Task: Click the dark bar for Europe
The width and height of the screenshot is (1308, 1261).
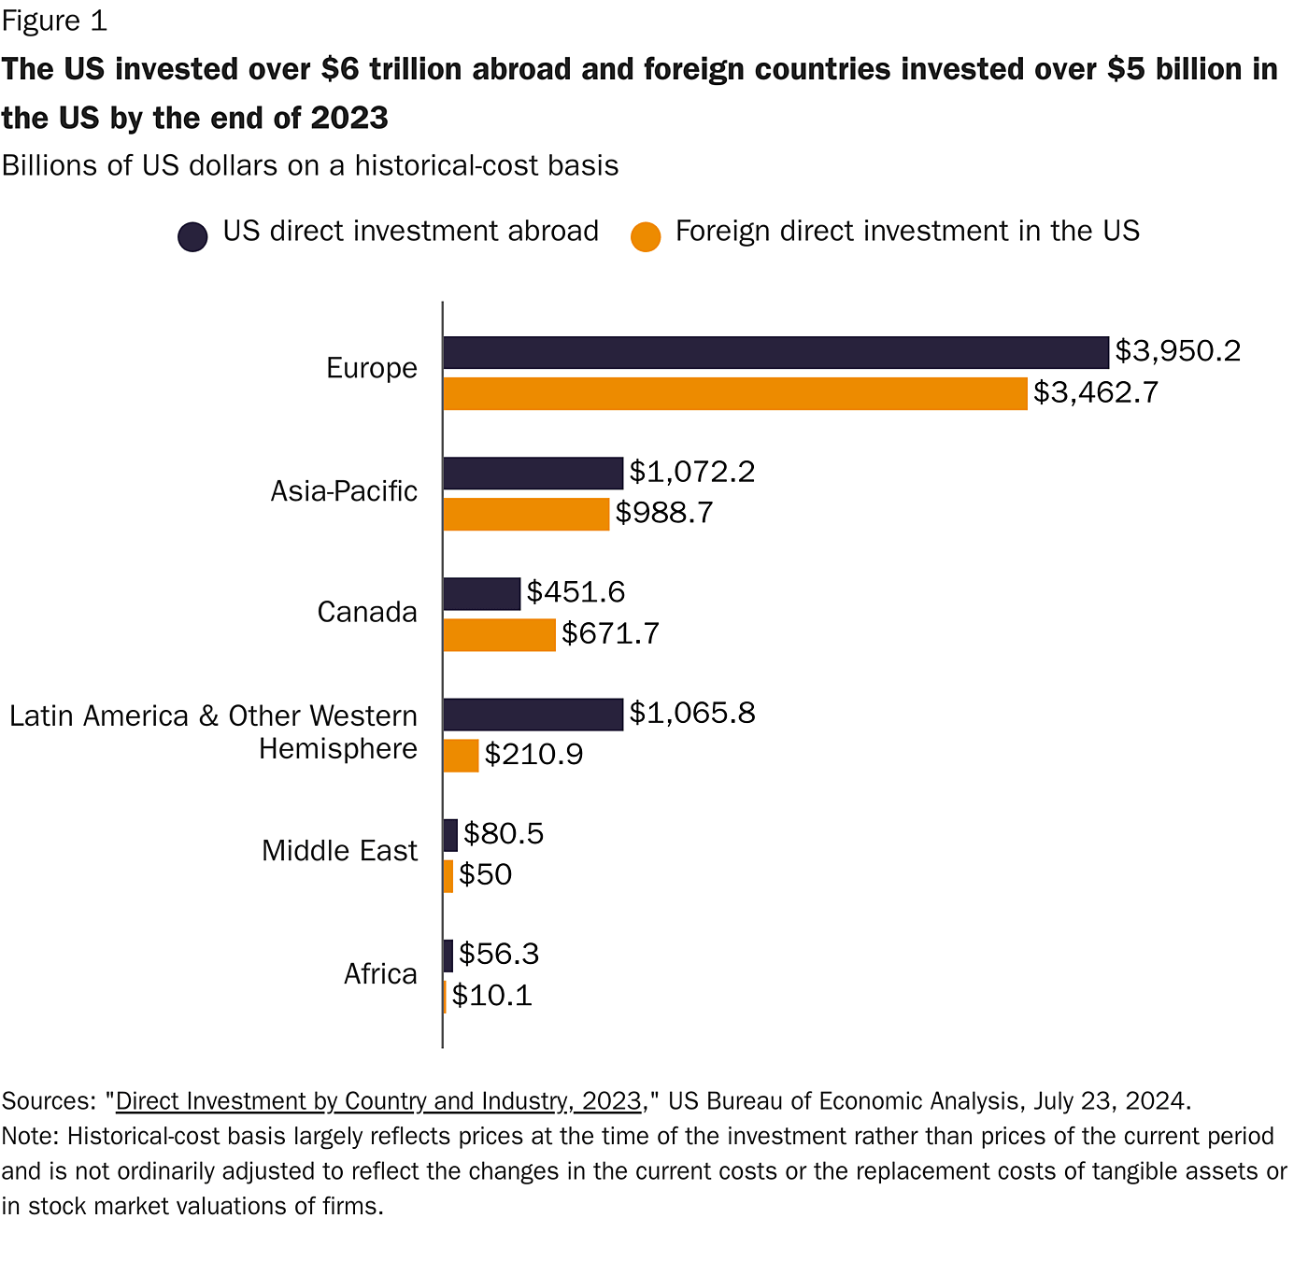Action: (775, 353)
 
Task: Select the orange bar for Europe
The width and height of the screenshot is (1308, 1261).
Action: (735, 393)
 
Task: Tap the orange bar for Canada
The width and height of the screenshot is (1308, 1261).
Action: (499, 635)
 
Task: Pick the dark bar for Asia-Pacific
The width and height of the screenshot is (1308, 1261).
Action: (533, 474)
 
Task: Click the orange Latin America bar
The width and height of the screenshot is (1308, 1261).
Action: (461, 756)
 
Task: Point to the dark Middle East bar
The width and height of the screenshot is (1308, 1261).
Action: (450, 835)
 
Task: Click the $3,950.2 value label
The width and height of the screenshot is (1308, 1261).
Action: (1177, 351)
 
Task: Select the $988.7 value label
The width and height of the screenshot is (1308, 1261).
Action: (664, 513)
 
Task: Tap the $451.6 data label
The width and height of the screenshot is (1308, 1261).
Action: (576, 592)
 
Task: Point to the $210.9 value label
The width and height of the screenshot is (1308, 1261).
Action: (533, 755)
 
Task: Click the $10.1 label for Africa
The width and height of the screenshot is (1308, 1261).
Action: (492, 996)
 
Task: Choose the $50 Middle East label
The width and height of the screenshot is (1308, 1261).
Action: (485, 875)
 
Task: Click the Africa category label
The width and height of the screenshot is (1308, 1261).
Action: (380, 974)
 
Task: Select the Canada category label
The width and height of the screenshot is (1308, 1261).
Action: (367, 613)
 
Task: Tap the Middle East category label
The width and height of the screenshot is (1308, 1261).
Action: (339, 851)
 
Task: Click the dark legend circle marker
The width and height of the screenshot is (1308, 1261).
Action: (192, 237)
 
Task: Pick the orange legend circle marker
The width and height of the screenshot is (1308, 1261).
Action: (646, 237)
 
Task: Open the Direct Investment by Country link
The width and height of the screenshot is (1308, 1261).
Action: (378, 1101)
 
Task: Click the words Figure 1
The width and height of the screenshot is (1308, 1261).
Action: (54, 21)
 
